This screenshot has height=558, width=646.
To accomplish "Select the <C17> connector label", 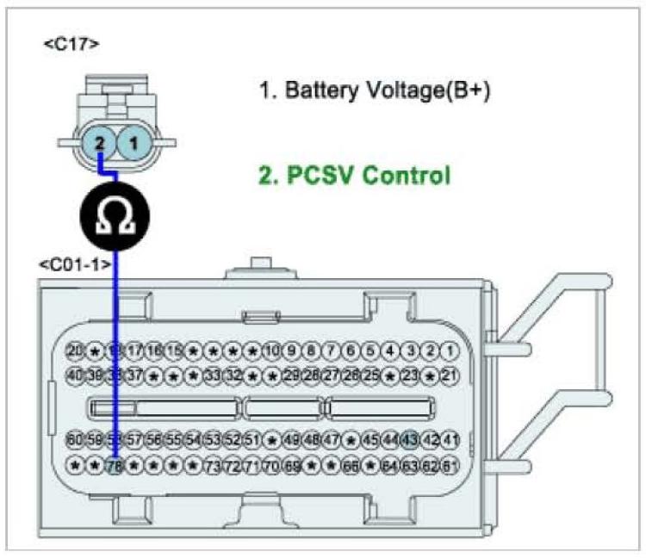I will coord(71,42).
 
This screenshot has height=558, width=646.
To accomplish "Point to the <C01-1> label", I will coord(75,264).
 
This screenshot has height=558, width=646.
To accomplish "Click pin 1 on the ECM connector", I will coord(449,350).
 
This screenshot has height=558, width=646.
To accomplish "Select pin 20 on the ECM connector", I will coord(75,350).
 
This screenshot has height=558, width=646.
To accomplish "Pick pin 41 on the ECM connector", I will coord(449,441).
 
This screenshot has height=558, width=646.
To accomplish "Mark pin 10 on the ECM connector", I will coord(272,350).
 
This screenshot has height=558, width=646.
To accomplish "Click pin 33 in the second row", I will coord(214,375).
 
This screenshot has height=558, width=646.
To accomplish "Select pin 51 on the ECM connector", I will coord(252,441).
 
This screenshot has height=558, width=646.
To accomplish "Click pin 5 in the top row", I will coord(370,350).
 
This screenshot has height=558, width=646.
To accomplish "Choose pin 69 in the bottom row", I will coord(292,467).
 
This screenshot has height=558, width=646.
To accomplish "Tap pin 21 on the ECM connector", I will coord(449,375).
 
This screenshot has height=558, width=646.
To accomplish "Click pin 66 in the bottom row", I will coord(351,467).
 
